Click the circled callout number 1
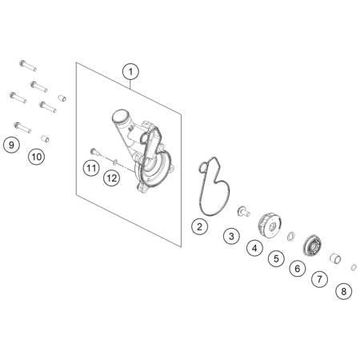click(130, 72)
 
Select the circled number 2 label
click(199, 226)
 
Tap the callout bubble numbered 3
click(231, 236)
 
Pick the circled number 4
click(255, 248)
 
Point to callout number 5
click(276, 258)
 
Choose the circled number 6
click(298, 269)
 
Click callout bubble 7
click(319, 279)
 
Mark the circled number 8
click(344, 291)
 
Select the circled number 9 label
click(11, 145)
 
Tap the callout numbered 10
click(37, 157)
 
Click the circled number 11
click(91, 168)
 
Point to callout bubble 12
click(112, 178)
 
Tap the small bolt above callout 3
click(243, 211)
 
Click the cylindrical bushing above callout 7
click(335, 258)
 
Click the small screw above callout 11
click(95, 152)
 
